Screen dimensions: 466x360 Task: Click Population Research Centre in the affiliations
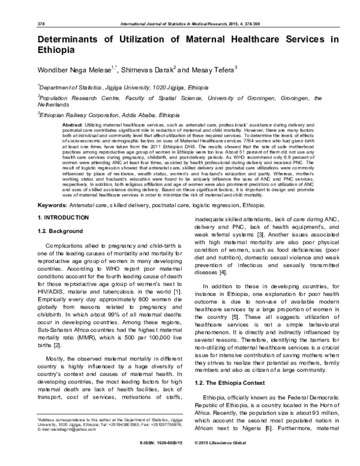77,97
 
